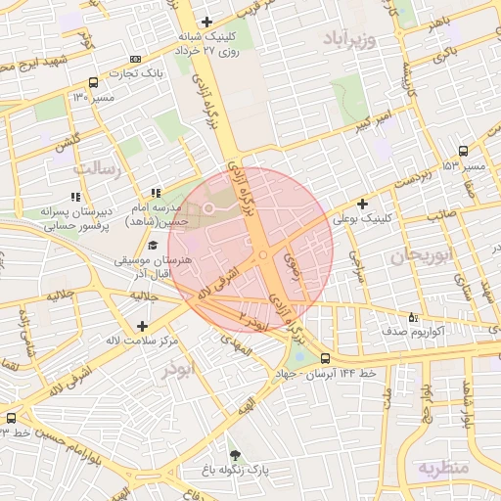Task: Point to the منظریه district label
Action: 442,468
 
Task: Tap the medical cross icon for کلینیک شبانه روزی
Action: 205,23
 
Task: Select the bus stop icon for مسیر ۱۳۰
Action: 93,83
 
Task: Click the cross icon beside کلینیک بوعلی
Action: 363,205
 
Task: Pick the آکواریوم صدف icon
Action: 412,317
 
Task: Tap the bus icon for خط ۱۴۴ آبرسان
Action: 324,358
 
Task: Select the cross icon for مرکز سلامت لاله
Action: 143,325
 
